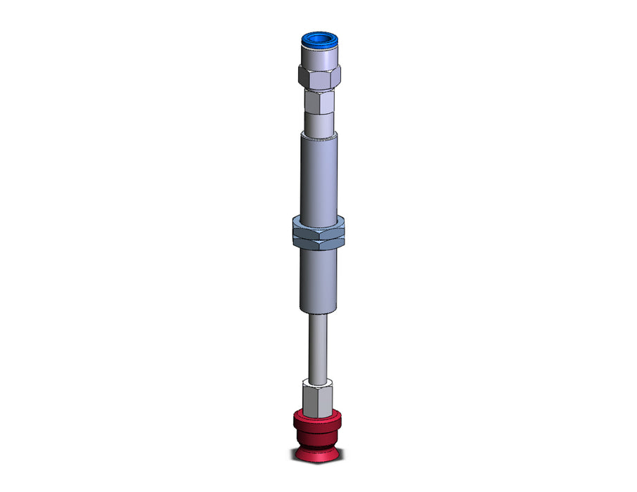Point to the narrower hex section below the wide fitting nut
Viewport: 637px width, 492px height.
pos(320,105)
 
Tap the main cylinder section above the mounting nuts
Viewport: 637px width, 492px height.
pos(320,179)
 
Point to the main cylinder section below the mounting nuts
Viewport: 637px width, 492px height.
pos(320,281)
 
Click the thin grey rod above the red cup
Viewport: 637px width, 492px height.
pos(318,348)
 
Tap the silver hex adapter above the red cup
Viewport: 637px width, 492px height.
pos(317,397)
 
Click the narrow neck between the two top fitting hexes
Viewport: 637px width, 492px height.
pos(320,91)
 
